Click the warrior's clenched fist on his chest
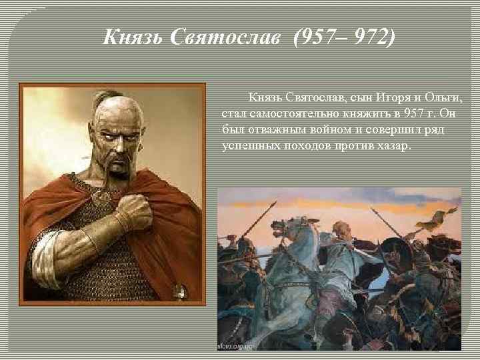tap(133, 213)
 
